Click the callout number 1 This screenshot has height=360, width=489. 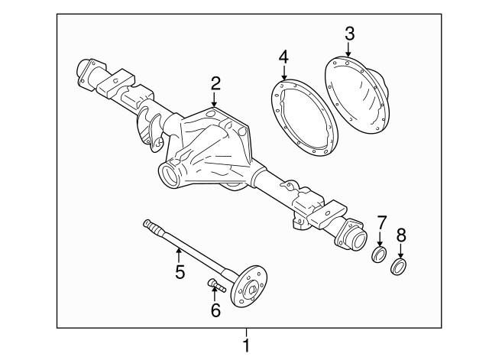point(246,345)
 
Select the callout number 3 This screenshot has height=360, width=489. point(349,34)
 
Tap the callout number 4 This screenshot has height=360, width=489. point(283,58)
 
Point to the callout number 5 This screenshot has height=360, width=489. point(180,271)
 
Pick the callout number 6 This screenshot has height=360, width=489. point(215,310)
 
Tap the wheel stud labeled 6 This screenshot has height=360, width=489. point(214,287)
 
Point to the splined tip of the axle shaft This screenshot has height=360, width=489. point(148,224)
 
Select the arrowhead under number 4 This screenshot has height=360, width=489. point(283,79)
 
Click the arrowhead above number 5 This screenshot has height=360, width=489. point(178,248)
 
